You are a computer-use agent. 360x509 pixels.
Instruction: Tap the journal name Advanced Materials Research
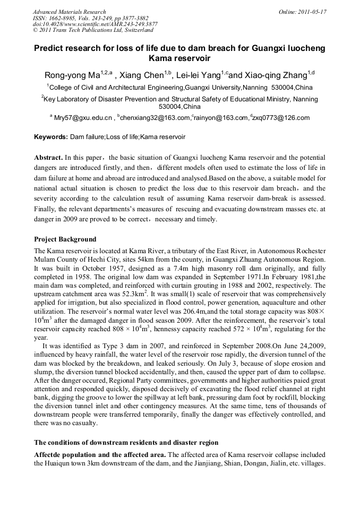point(69,12)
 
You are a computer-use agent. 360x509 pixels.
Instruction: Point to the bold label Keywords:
point(51,137)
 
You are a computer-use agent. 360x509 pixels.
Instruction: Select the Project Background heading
point(65,239)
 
